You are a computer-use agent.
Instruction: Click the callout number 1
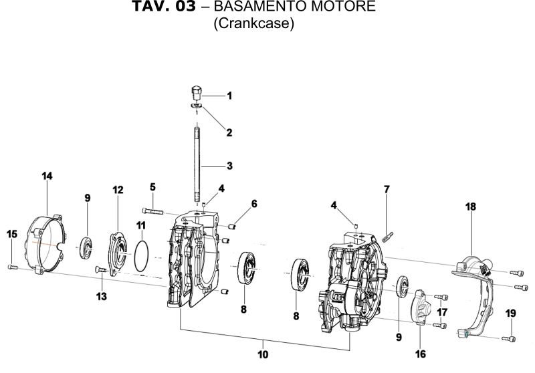pos(229,96)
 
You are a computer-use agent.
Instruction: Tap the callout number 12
pos(118,191)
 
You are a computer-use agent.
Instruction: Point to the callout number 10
pos(263,354)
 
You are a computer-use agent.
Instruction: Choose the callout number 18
pos(471,207)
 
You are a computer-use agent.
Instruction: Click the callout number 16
pos(421,353)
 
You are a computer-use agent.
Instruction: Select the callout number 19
pos(510,313)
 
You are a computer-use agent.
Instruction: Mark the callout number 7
pos(386,190)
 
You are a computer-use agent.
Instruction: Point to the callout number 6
pos(253,203)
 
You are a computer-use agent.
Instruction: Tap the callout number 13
pos(102,296)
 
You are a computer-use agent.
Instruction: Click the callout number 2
pos(229,132)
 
